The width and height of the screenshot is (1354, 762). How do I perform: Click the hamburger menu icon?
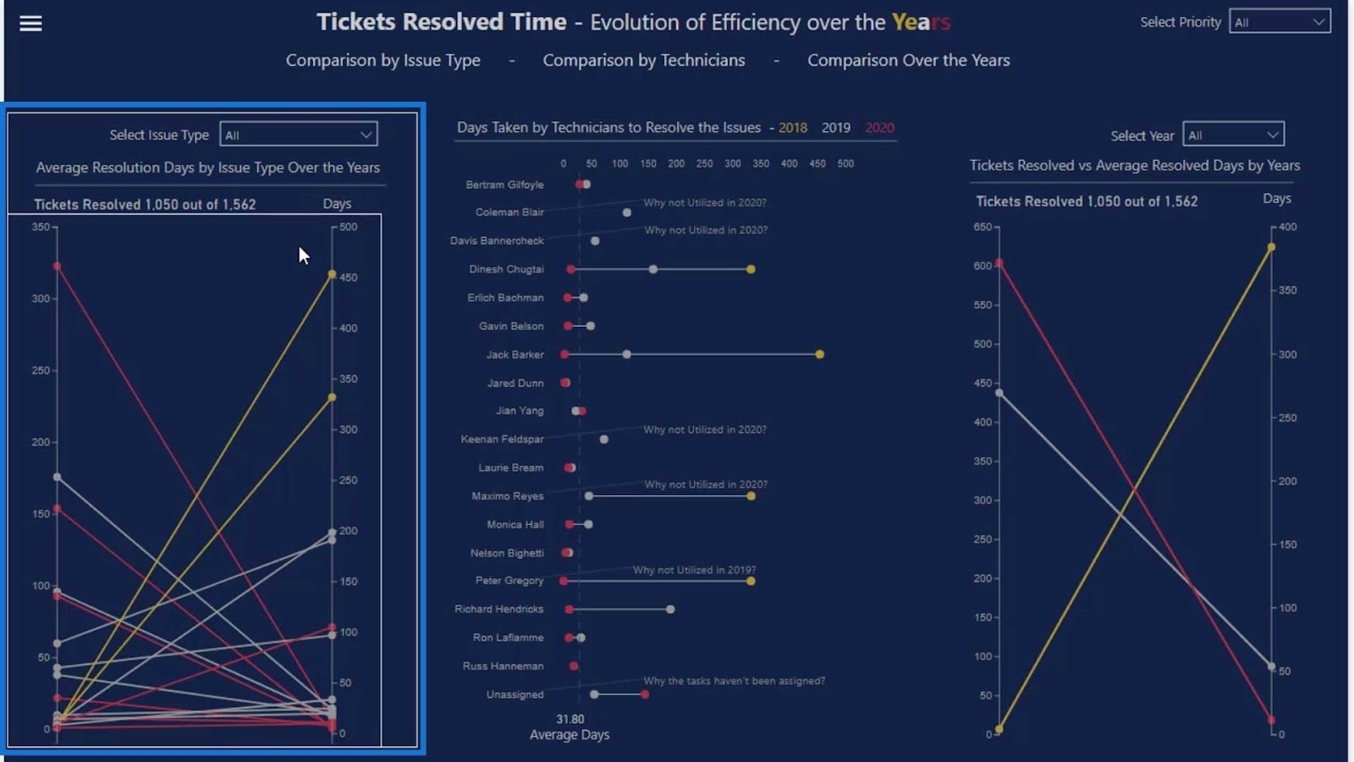click(x=30, y=24)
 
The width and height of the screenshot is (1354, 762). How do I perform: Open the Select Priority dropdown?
click(x=1280, y=22)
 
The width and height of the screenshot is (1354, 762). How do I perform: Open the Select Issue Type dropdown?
click(x=298, y=135)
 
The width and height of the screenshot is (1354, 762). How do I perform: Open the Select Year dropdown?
click(x=1233, y=135)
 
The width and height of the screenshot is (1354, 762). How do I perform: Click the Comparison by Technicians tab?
click(x=644, y=60)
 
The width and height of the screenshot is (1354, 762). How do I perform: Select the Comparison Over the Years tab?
click(x=908, y=60)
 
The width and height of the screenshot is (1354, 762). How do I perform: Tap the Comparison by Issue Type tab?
click(x=383, y=60)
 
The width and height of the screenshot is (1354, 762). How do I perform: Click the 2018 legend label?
click(x=793, y=128)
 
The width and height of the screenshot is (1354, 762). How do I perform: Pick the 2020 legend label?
click(x=879, y=128)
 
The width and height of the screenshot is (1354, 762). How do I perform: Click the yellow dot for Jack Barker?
click(x=820, y=355)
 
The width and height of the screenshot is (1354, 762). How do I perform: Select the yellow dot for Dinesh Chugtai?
click(x=751, y=269)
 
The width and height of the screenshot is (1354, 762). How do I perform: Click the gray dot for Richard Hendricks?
click(x=670, y=610)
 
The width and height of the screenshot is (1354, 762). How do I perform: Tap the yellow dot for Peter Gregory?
click(x=751, y=581)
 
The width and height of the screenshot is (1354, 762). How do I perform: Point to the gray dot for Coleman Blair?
click(x=627, y=213)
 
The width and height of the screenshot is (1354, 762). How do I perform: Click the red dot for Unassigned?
click(x=645, y=694)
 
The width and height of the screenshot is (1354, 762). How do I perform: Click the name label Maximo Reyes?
click(x=508, y=496)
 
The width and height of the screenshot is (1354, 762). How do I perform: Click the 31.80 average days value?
click(x=570, y=719)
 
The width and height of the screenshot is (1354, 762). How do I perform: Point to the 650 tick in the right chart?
click(x=982, y=227)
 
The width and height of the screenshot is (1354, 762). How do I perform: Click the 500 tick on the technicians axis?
click(x=845, y=163)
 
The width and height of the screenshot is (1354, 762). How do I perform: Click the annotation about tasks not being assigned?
click(x=734, y=681)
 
